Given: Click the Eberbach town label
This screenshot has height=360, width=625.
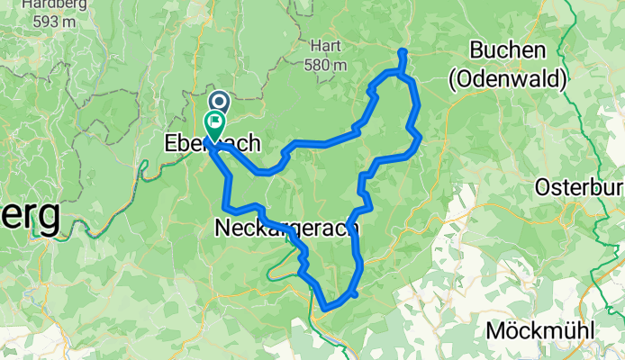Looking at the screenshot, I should click(x=213, y=142).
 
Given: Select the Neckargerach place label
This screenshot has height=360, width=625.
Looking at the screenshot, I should click(x=287, y=229).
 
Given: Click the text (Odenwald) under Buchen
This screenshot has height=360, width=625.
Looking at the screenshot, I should click(x=508, y=80).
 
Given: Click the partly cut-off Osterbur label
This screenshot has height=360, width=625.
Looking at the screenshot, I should click(x=580, y=187).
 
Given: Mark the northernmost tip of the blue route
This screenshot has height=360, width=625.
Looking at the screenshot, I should click(x=402, y=50).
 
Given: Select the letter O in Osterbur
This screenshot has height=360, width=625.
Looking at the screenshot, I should click(x=544, y=187).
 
